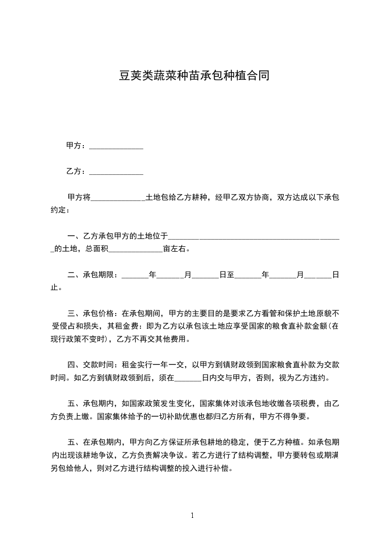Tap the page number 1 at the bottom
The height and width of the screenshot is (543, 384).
point(192,515)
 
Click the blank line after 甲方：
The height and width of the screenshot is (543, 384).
point(116,146)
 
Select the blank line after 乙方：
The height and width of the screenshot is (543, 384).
point(116,172)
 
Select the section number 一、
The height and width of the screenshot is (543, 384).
point(75,236)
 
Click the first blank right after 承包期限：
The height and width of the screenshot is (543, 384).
point(135,275)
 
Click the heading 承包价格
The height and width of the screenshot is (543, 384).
point(98,314)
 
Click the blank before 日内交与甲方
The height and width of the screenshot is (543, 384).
point(187,378)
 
